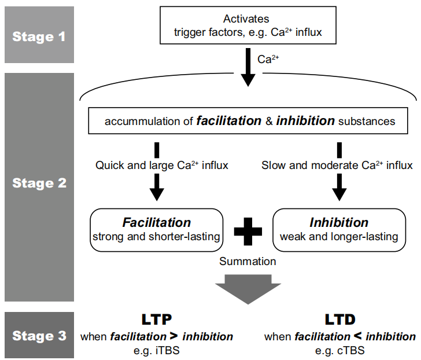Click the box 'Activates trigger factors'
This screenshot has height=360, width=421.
click(x=248, y=26)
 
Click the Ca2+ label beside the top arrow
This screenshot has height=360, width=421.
click(x=266, y=58)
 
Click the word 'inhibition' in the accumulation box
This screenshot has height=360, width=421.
click(x=305, y=121)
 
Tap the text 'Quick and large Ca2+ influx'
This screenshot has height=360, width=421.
click(x=162, y=166)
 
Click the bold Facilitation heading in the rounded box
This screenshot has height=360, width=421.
click(x=157, y=223)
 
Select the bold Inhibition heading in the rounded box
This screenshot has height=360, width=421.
click(x=339, y=223)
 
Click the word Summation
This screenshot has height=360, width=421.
click(x=248, y=262)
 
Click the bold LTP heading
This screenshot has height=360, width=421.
click(x=157, y=319)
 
